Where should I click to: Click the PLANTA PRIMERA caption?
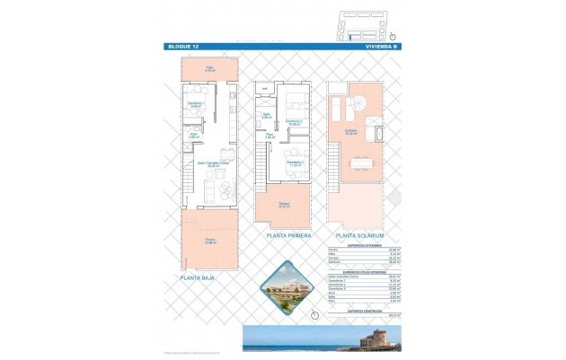(289, 235)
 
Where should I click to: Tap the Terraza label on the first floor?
(283, 205)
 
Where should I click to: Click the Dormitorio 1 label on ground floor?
(196, 104)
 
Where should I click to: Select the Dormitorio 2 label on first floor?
(293, 122)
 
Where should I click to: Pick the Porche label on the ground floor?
(208, 239)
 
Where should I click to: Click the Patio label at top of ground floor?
(208, 67)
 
